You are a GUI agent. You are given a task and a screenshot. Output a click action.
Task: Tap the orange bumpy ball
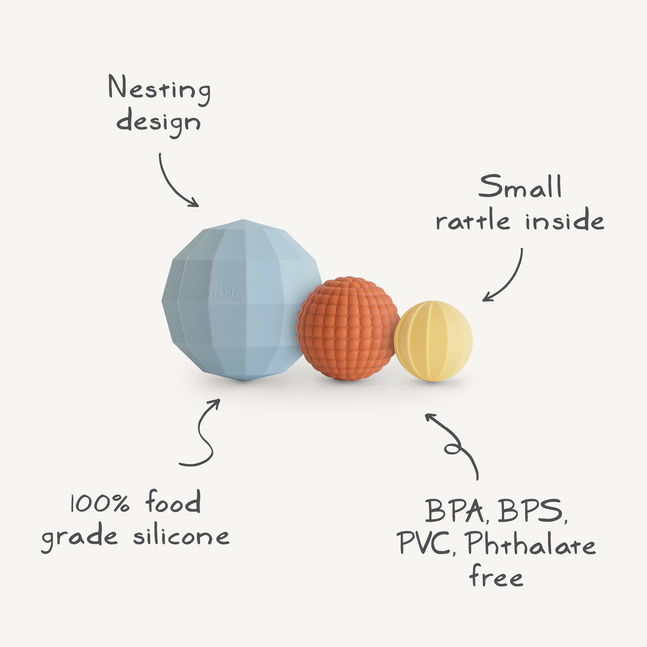point(348,329)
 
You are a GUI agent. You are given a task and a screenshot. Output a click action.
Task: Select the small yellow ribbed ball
point(433,341)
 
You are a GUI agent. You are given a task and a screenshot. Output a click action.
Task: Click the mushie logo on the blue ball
point(228,294)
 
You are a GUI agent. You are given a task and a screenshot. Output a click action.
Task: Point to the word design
point(159,121)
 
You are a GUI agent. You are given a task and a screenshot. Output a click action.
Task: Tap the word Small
point(520,188)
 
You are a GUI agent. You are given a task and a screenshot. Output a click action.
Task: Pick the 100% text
point(100,504)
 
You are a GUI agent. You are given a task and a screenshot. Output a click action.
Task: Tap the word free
point(496,576)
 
